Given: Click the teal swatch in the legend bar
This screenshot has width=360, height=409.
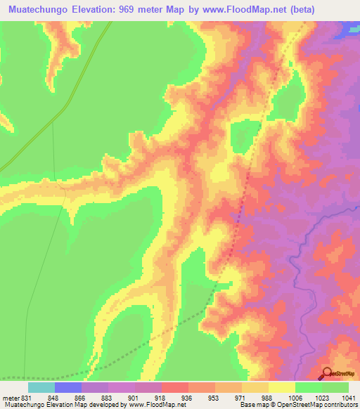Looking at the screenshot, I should [41, 388].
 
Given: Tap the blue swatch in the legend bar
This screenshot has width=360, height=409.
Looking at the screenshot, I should [67, 388].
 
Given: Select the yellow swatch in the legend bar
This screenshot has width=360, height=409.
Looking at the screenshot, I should [281, 388].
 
